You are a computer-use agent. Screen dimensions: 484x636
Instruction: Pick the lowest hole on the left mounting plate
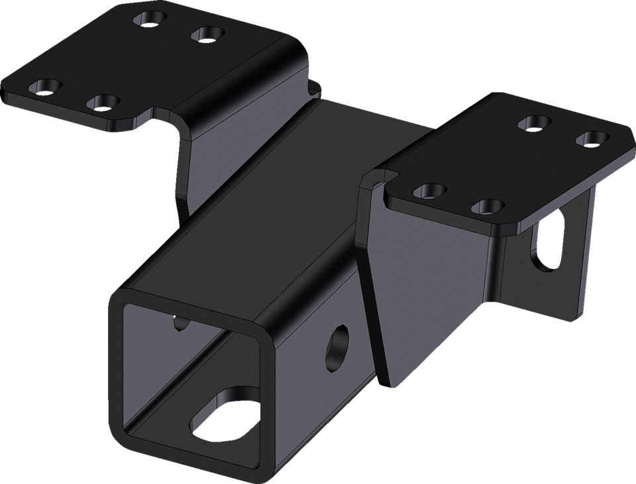click(x=103, y=103)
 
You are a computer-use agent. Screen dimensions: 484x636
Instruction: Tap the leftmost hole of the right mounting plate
click(x=428, y=192)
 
